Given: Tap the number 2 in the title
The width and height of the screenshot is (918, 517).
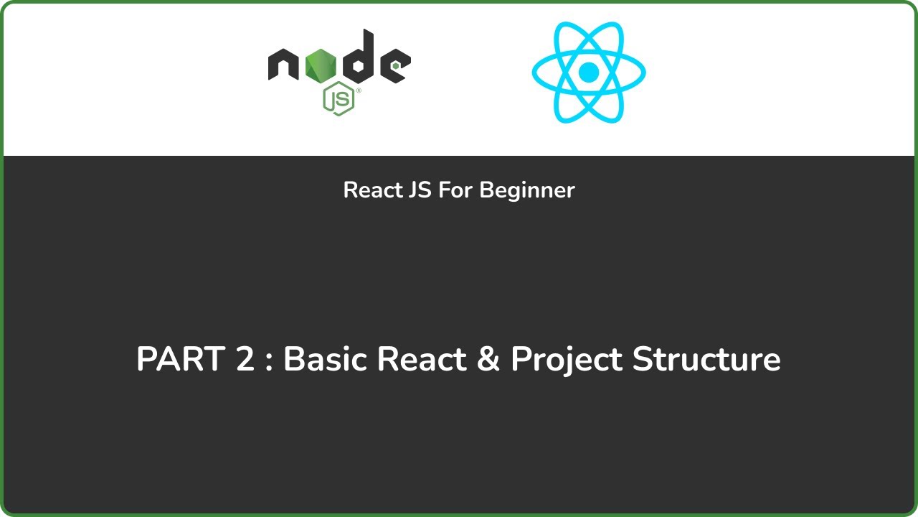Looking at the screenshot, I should tap(245, 359).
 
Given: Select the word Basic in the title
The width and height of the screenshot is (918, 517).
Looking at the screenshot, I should tap(325, 359).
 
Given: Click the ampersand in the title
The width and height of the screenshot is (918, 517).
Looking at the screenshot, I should tap(488, 359).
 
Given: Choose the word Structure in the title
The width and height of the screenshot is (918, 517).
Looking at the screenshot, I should tap(706, 359).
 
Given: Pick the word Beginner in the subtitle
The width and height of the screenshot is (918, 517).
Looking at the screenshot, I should tap(527, 190).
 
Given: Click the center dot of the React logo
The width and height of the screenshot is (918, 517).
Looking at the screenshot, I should tap(588, 72).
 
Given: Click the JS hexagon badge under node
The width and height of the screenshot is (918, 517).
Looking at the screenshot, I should tap(339, 98).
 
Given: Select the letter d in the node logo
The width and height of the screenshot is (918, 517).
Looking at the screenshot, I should tap(356, 61).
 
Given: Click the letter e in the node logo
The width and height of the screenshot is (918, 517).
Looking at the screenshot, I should tap(394, 66).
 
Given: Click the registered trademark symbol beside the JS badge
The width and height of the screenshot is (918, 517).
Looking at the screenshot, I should tap(358, 91).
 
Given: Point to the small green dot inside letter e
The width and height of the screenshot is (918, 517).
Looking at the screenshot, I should tap(395, 66).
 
